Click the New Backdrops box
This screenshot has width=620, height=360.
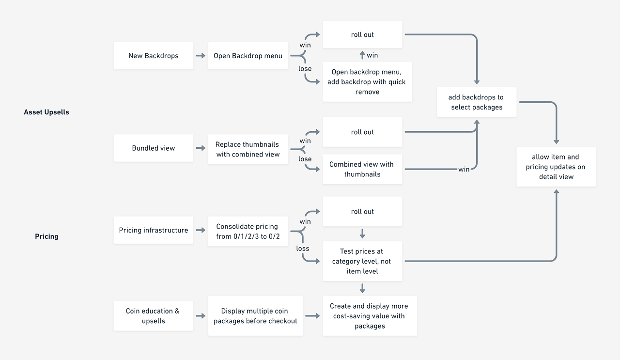(154, 56)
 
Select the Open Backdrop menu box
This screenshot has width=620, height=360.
(248, 56)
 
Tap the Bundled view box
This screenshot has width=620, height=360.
(154, 148)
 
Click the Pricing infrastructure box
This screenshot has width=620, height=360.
(154, 230)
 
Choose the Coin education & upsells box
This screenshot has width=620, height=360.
(154, 316)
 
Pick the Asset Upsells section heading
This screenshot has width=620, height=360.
(46, 112)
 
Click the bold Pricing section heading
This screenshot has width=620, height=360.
(46, 236)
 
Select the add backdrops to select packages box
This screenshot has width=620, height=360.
(477, 102)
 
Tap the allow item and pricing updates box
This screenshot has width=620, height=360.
(557, 167)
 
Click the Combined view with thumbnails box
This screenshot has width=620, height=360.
(362, 169)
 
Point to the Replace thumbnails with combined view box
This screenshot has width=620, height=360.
(248, 149)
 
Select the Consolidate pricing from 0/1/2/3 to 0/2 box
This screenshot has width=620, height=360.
(248, 231)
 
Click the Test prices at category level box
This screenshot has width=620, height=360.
(362, 261)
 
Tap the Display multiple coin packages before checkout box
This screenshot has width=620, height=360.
(255, 316)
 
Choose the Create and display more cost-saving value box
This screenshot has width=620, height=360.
(370, 316)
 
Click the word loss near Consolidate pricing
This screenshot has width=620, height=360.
(303, 249)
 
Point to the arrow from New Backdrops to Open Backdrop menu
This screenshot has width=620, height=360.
(201, 56)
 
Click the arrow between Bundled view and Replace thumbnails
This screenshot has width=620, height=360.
(201, 148)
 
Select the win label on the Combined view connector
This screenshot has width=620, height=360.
(464, 169)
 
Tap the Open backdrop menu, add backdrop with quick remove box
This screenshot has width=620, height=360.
(367, 82)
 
